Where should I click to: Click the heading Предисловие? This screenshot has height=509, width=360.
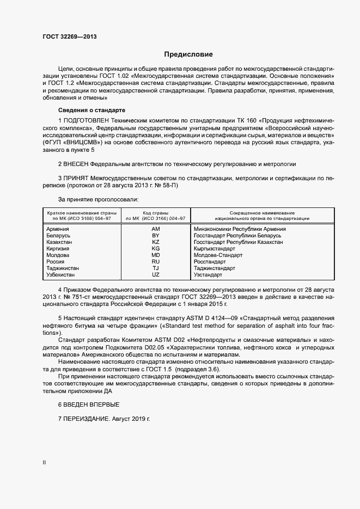pos(188,54)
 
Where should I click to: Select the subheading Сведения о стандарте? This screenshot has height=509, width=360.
pos(91,109)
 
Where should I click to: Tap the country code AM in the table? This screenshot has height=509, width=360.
pos(155,229)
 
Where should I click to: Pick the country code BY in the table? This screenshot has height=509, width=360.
pos(155,236)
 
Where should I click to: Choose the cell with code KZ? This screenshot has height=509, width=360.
pos(155,242)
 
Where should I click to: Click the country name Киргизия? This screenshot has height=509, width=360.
pos(59,249)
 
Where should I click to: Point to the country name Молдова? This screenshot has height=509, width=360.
pos(58,255)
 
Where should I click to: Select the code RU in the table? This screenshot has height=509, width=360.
pos(155,262)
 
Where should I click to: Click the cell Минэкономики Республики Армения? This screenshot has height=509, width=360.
pos(240,229)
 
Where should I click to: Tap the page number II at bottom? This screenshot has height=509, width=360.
pos(45,463)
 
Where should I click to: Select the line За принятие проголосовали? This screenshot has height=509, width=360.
pos(90,199)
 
